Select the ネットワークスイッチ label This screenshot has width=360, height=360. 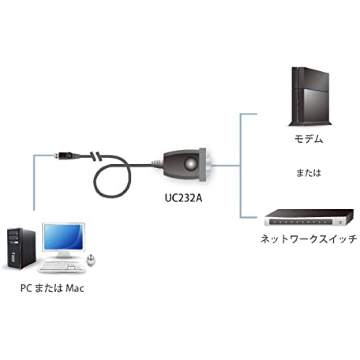pyautogui.click(x=309, y=238)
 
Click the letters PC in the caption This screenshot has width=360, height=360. pyautogui.click(x=26, y=288)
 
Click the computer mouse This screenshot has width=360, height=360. pyautogui.click(x=91, y=259)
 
